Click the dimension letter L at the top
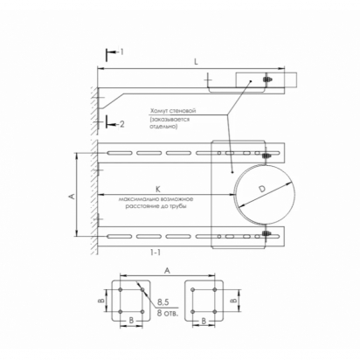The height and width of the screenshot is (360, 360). pyautogui.click(x=196, y=62)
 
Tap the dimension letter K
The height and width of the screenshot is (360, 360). pyautogui.click(x=158, y=190)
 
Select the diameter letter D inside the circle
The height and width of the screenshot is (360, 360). pyautogui.click(x=262, y=189)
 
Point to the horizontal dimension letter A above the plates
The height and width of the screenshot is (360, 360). pyautogui.click(x=167, y=271)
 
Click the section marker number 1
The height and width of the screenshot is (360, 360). pyautogui.click(x=122, y=52)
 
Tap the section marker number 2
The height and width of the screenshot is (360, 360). pyautogui.click(x=122, y=124)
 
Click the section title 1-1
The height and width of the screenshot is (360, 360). pyautogui.click(x=155, y=253)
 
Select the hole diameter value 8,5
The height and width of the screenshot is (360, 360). pyautogui.click(x=163, y=302)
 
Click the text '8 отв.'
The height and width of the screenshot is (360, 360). pyautogui.click(x=167, y=313)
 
